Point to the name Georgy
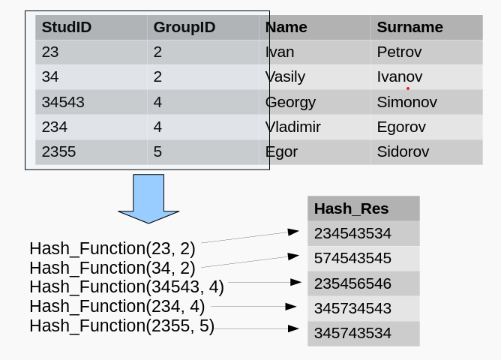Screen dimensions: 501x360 [290, 103]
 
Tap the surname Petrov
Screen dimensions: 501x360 [400, 52]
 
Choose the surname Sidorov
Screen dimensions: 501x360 [403, 151]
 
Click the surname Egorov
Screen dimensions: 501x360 [401, 127]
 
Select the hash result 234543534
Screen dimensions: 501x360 [352, 233]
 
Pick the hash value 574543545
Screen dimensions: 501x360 [352, 258]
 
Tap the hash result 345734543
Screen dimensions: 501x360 [352, 308]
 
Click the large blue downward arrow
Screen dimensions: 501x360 [148, 199]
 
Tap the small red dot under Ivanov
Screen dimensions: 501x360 [408, 88]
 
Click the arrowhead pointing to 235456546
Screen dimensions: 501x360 [295, 282]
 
